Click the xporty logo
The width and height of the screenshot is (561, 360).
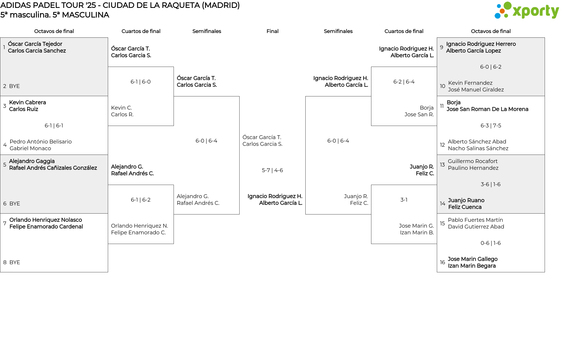pos(527,11)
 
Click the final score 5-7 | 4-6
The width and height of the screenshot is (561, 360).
pos(272,170)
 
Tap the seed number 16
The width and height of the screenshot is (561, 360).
pos(442,262)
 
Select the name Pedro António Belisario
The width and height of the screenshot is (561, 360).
pos(41,142)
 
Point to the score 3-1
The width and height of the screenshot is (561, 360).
pos(404,200)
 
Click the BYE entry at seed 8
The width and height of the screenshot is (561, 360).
pos(15,262)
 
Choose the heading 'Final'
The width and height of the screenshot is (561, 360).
pos(272,31)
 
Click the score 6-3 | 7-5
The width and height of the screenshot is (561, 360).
pos(491,126)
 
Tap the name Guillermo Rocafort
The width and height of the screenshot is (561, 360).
pos(472,161)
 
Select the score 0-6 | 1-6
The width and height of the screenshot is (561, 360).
pos(491,243)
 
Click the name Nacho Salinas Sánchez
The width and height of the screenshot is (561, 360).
pos(478,148)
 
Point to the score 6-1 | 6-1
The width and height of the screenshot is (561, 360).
pos(54,126)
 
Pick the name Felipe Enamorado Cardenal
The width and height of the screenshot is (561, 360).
pos(46,227)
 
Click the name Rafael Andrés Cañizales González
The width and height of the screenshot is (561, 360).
pos(53,168)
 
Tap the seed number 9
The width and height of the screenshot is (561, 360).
pos(441,47)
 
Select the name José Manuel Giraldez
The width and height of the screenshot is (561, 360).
pos(476,90)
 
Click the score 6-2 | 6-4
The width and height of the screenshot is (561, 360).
pos(404,82)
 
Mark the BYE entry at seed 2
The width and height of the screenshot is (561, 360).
pos(14,86)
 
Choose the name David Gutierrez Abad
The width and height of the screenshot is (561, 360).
pos(476,227)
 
